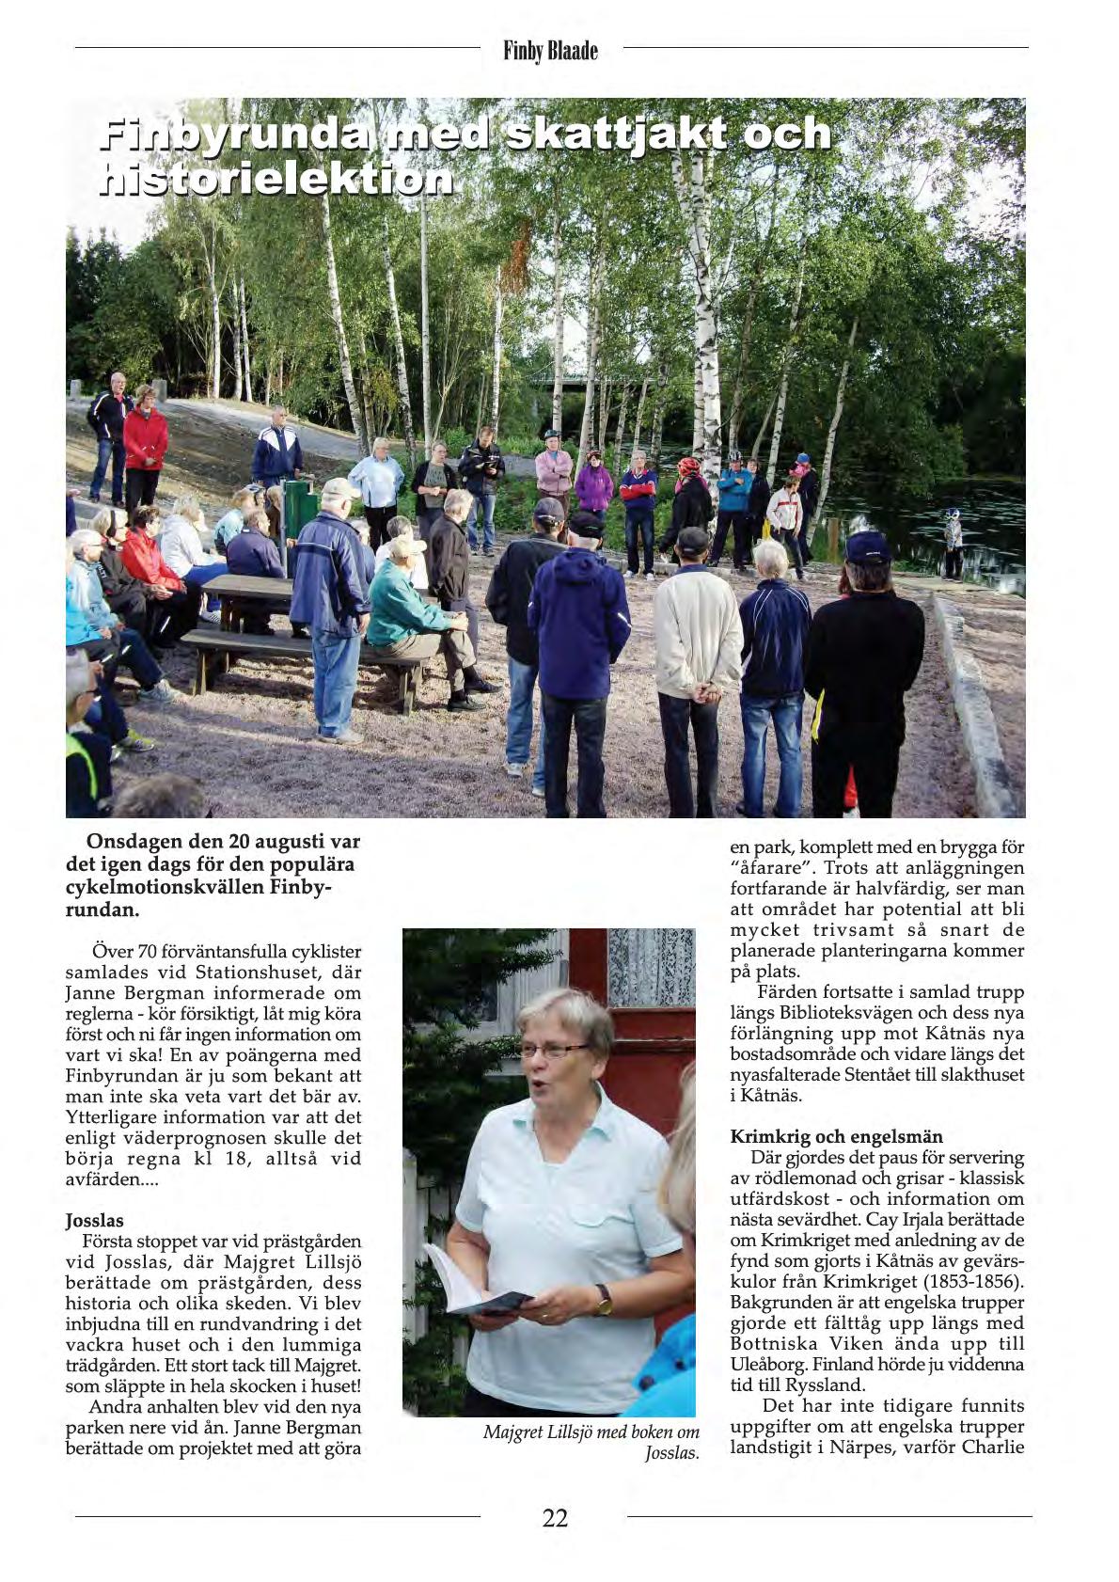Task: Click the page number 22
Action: tap(555, 1517)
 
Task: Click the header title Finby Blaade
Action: tap(550, 51)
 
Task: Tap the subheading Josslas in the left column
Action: tap(94, 1221)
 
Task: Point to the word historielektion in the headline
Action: tap(276, 178)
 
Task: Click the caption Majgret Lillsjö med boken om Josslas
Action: tap(592, 1442)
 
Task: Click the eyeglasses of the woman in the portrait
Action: tap(553, 1050)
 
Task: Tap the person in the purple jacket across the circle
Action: tap(593, 486)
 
